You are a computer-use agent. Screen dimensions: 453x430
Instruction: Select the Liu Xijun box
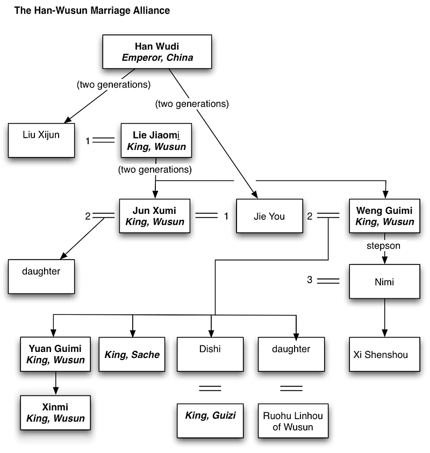coord(41,141)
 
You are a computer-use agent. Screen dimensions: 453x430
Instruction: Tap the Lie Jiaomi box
coord(155,141)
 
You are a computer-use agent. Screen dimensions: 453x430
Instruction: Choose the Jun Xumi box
coord(155,217)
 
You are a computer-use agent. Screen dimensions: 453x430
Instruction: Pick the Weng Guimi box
coord(384,217)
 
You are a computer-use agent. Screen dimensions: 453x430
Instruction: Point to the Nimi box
coord(384,281)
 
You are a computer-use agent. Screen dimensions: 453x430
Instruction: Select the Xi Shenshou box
coord(384,354)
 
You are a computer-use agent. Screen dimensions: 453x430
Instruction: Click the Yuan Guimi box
coord(53,354)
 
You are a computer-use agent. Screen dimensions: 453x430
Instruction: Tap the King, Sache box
coord(132,354)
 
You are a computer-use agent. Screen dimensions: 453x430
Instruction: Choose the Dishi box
coord(210,354)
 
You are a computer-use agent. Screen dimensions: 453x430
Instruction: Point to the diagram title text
coord(91,10)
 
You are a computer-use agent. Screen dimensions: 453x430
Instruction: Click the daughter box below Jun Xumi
coord(41,276)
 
